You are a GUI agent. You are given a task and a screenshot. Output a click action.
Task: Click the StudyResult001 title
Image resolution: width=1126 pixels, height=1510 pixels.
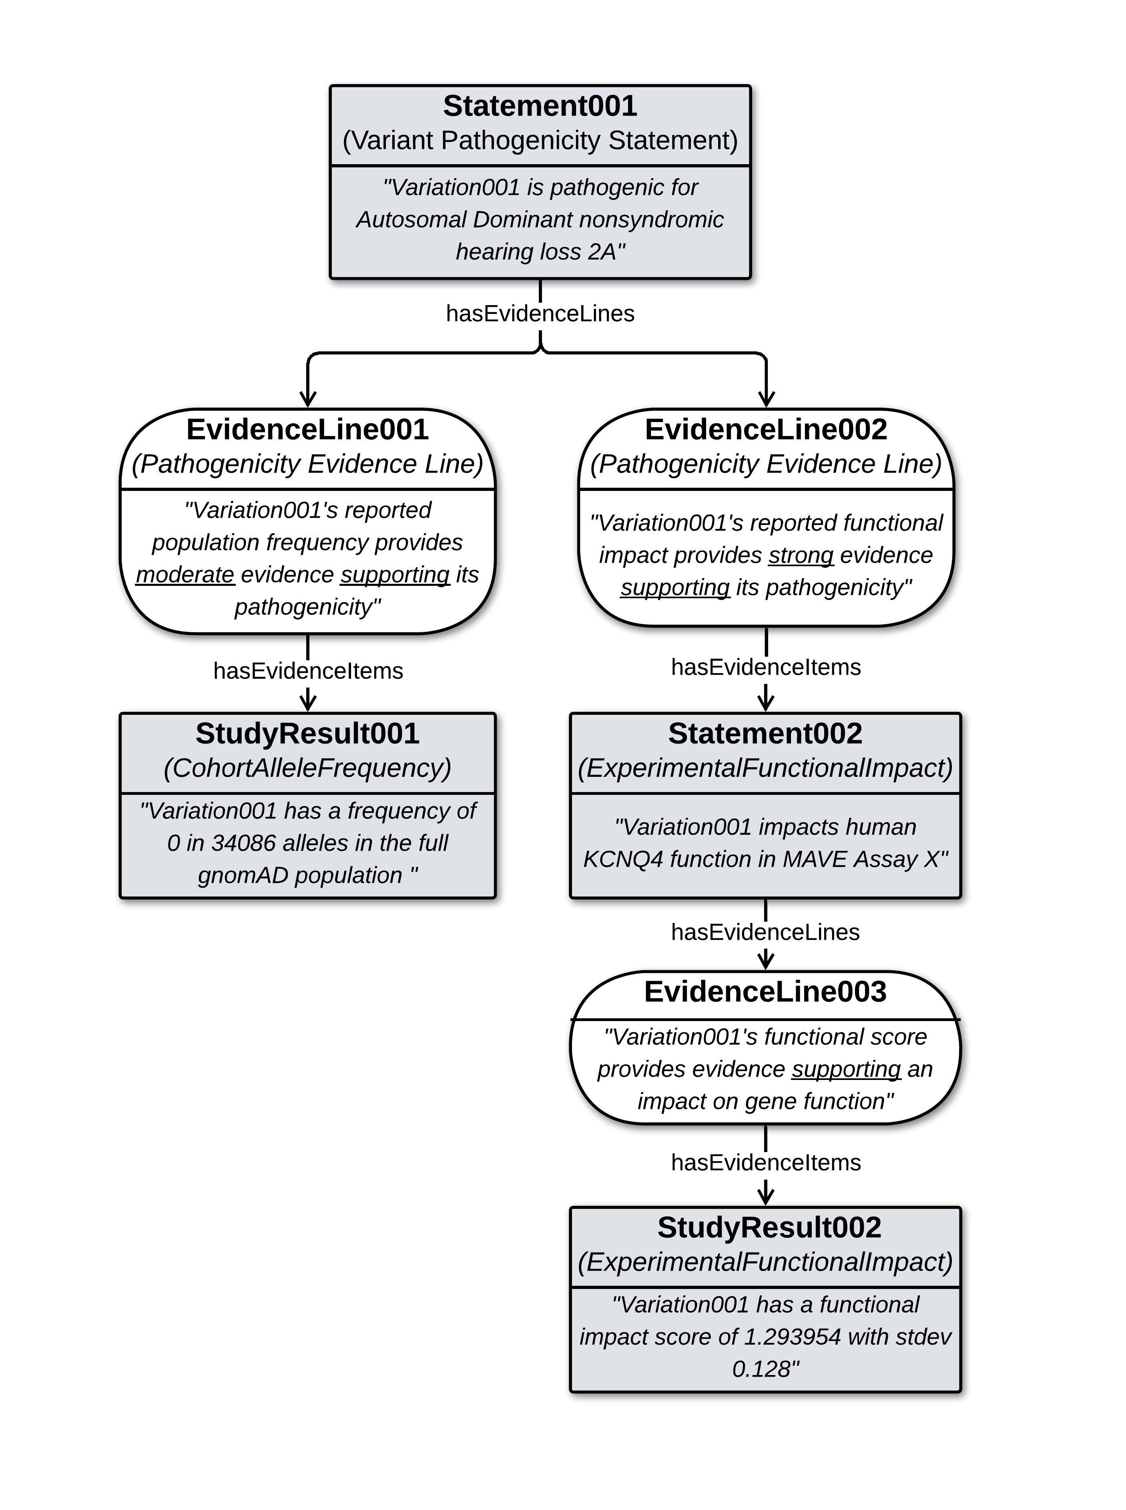point(307,734)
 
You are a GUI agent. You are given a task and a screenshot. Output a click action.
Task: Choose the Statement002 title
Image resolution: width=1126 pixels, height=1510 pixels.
point(765,734)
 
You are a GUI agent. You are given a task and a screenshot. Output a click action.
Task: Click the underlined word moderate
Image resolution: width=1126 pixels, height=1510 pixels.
point(185,575)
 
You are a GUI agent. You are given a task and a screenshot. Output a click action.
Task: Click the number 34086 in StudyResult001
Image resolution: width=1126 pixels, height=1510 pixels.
point(243,843)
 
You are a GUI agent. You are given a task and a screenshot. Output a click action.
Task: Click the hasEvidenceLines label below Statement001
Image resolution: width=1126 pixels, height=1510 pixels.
point(540,314)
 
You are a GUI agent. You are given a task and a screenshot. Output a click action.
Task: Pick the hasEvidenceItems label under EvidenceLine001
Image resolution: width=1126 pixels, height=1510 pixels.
point(308,671)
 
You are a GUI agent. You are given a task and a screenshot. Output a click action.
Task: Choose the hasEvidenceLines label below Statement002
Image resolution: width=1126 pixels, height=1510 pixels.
point(765,932)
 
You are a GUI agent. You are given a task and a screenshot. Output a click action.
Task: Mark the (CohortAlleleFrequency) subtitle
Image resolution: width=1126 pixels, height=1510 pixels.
point(307,768)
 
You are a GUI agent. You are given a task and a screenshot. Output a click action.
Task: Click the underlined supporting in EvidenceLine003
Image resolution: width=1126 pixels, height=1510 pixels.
point(846,1069)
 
